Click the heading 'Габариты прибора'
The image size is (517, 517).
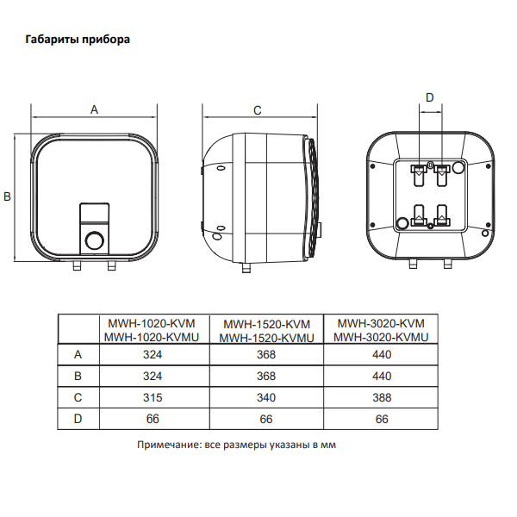pos(78,40)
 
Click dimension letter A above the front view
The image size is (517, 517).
pos(95,109)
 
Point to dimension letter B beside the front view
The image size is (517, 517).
pos(7,197)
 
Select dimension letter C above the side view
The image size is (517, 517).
pos(257,109)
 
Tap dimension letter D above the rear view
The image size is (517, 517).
pos(430,97)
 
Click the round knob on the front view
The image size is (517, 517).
pos(96,239)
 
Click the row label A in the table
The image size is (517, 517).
pos(78,354)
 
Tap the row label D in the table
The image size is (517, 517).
pos(78,419)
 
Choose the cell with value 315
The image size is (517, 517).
pos(156,397)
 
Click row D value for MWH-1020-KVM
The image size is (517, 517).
pos(156,419)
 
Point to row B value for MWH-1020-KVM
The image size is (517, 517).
pos(156,376)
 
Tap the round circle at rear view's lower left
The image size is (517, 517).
pos(402,222)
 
